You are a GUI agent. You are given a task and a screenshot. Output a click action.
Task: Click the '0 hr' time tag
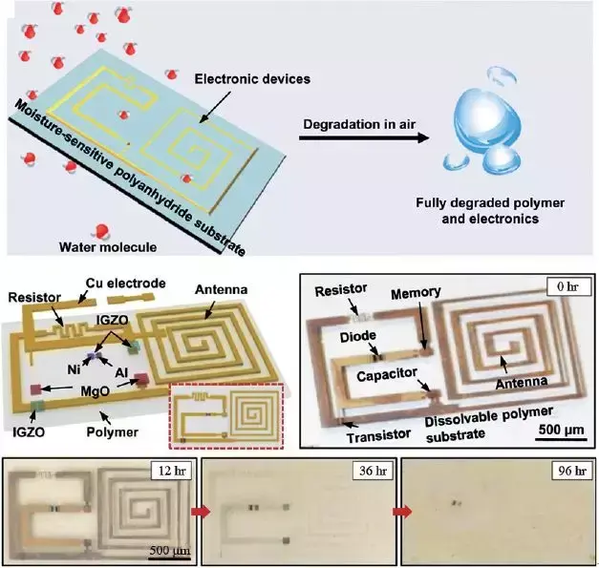[554, 285]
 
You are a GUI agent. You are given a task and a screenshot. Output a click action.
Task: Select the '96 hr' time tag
[561, 471]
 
